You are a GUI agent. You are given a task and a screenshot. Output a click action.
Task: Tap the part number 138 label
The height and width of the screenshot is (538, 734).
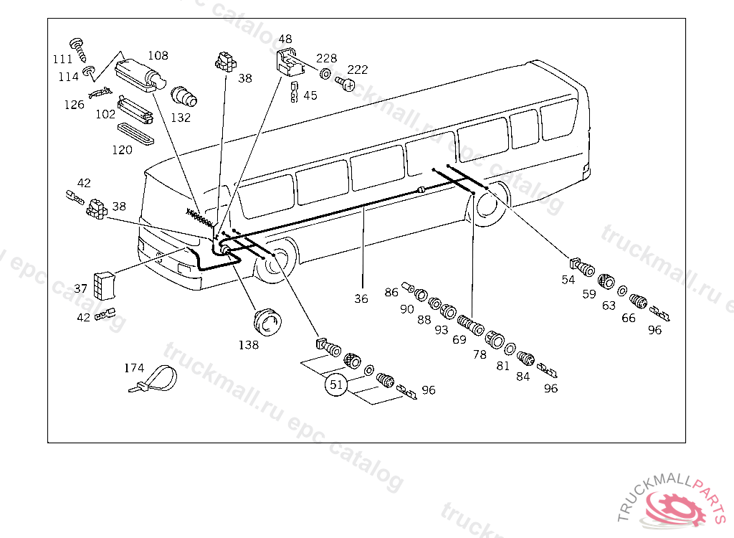pyautogui.click(x=249, y=344)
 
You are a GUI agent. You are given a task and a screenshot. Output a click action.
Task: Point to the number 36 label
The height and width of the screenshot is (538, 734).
pyautogui.click(x=361, y=298)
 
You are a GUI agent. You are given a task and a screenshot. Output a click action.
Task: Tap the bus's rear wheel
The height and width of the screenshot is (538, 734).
pyautogui.click(x=488, y=204)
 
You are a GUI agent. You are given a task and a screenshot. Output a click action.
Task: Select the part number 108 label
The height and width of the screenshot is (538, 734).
pyautogui.click(x=158, y=55)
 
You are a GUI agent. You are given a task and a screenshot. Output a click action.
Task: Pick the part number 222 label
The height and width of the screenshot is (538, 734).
pyautogui.click(x=358, y=70)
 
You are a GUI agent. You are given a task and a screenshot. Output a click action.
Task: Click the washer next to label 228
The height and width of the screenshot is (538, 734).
pyautogui.click(x=325, y=75)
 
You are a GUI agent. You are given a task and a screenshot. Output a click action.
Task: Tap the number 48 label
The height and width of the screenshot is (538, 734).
pyautogui.click(x=285, y=39)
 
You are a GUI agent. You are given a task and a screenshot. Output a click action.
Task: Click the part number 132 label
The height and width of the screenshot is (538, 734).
pyautogui.click(x=181, y=118)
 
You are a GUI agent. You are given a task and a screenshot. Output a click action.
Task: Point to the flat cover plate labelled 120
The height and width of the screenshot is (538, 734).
pyautogui.click(x=135, y=133)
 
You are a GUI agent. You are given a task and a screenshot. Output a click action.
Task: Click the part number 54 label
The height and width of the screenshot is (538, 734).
pyautogui.click(x=568, y=280)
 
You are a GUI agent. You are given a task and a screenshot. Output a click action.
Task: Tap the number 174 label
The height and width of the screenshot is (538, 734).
pyautogui.click(x=134, y=368)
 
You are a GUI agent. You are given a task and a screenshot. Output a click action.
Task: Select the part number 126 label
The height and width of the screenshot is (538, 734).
pyautogui.click(x=74, y=105)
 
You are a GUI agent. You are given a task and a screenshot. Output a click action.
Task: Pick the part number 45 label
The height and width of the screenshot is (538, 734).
pyautogui.click(x=310, y=95)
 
